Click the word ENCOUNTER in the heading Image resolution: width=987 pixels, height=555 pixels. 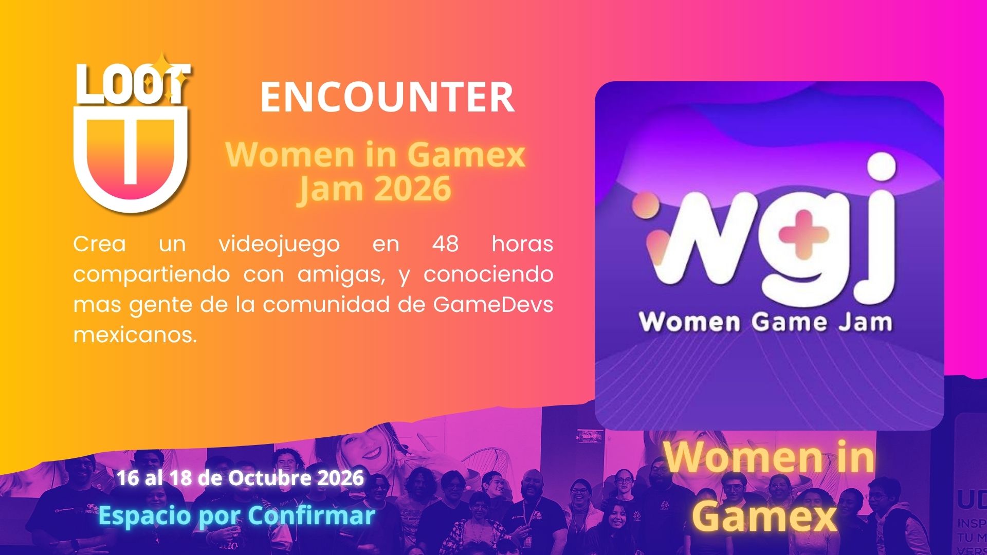tap(387, 97)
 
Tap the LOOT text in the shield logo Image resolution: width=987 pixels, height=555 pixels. tap(133, 84)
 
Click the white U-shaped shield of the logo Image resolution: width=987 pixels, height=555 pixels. tap(131, 157)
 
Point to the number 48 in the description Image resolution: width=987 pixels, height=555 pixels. tap(445, 244)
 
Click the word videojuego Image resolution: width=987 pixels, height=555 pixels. tap(279, 245)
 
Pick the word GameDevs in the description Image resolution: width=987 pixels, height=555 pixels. tap(493, 304)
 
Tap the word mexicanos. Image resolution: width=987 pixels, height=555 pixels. tap(135, 335)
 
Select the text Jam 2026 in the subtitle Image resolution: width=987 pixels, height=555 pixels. tap(375, 188)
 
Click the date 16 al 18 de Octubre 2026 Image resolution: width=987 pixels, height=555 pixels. tap(240, 478)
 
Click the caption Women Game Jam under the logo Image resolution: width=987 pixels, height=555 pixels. tap(766, 323)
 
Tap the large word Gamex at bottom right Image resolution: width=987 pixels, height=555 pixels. tap(765, 516)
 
